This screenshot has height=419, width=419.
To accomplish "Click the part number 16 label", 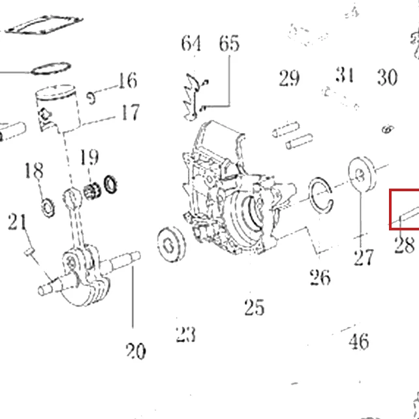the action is tap(128, 80).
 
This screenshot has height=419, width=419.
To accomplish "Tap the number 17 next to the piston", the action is tap(131, 112).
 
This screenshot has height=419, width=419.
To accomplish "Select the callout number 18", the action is tap(34, 170).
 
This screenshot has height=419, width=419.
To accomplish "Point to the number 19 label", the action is tap(89, 157).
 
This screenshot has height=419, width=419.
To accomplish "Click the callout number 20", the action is tap(136, 351).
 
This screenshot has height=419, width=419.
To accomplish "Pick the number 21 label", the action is tap(18, 222).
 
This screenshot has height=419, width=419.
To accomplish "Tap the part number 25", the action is tap(255, 307).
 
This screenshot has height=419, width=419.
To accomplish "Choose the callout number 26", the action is tap(320, 277).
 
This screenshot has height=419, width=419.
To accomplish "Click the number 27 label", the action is tap(364, 257).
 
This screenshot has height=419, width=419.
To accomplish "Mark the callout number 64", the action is tap(191, 44).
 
